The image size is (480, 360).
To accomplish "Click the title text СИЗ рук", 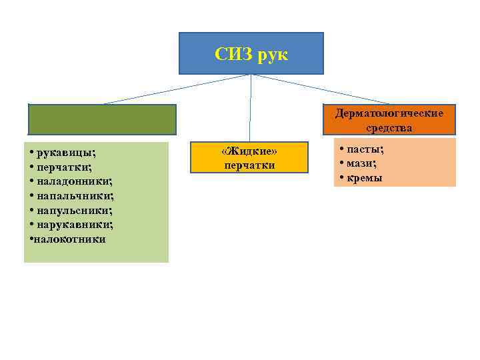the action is pos(251,54).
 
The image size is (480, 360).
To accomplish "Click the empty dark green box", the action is pos(102,119).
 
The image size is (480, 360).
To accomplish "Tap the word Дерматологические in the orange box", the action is pos(389,113).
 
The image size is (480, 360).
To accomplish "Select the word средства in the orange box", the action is pos(389,127).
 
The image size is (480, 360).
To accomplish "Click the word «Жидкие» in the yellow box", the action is pos(249,153).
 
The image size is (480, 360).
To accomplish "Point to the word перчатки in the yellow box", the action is pos(249,165).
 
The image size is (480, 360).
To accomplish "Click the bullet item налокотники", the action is pos(69,239).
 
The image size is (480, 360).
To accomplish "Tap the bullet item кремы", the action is pos(364,178).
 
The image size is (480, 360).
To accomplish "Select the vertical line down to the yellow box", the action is pos(250,107).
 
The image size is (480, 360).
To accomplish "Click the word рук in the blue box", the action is pos(275,54).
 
